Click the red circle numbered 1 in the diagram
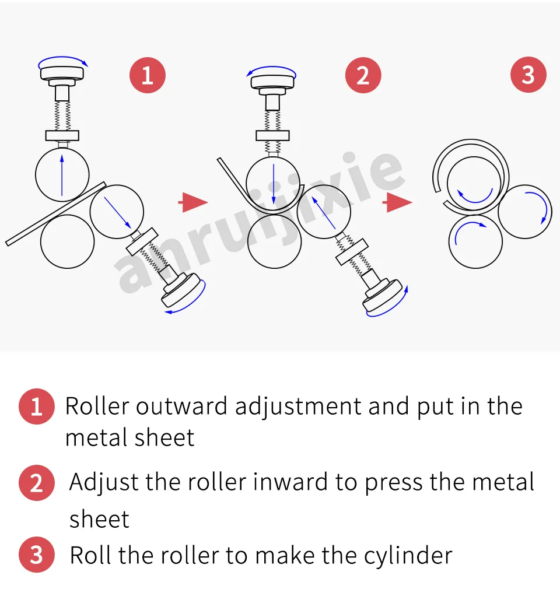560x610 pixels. click(147, 75)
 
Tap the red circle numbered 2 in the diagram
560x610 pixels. click(363, 75)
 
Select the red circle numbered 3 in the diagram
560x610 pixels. click(528, 75)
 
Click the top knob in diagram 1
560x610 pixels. click(64, 73)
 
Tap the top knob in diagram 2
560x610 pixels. click(274, 80)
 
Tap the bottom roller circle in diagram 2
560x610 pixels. click(274, 242)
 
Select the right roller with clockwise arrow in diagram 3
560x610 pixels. click(526, 212)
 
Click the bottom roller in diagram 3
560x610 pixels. click(476, 241)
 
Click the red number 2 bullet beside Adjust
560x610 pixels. click(36, 483)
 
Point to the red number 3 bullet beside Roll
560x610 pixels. click(36, 555)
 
